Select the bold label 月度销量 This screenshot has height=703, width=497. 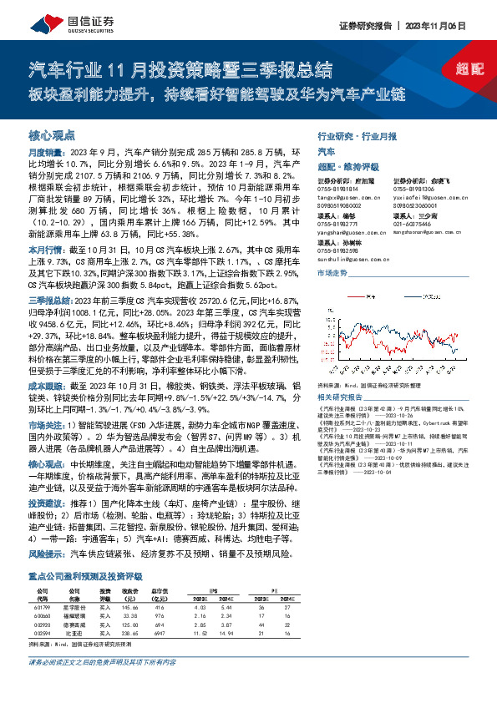[43, 154]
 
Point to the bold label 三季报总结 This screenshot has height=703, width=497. [47, 299]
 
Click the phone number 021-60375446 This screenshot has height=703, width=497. [413, 224]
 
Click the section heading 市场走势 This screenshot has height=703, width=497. [332, 273]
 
